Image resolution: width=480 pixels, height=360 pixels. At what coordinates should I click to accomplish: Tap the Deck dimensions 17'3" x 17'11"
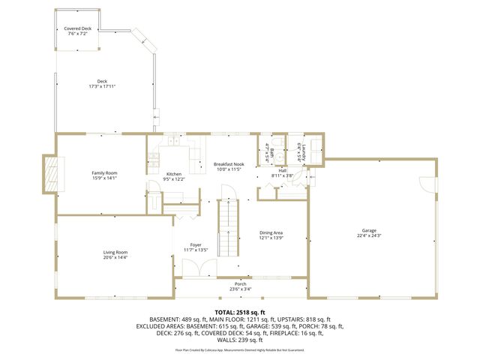102,87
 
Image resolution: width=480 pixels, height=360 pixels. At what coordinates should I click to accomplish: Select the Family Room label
104,173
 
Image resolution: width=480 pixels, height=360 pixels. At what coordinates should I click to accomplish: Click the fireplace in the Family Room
50,174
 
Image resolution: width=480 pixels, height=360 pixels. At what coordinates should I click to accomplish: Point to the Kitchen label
174,174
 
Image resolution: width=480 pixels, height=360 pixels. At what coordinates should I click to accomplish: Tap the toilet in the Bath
277,142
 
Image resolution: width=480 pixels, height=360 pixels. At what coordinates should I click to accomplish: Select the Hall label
283,170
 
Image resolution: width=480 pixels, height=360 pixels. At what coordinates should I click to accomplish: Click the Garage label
369,231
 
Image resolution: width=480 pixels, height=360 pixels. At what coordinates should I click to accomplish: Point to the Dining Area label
271,232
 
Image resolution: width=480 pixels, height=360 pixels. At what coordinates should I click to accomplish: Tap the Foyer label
196,245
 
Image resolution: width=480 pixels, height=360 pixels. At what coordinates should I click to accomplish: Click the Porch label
240,283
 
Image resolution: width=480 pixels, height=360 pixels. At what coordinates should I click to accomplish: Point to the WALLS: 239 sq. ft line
240,340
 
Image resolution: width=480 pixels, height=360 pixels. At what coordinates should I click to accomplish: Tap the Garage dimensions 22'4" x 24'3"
369,236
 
